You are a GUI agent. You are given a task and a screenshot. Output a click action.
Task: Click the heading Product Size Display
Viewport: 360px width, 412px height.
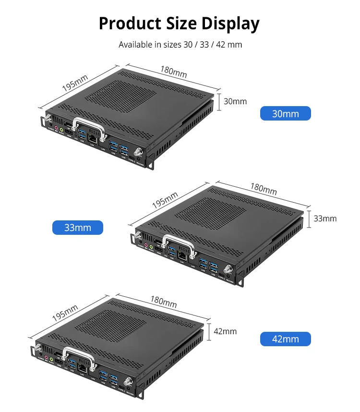[x=179, y=23]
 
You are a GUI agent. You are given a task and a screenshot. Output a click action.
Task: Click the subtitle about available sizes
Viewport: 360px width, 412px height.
[x=180, y=45]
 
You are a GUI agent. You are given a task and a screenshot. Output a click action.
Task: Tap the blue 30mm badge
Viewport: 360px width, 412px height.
[x=285, y=114]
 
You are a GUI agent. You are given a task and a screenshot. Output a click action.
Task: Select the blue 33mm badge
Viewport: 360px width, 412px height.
[x=78, y=228]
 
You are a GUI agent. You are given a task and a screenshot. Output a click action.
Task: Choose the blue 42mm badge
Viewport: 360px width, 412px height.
[x=285, y=339]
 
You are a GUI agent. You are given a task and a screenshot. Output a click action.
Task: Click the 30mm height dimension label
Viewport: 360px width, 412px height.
[x=235, y=101]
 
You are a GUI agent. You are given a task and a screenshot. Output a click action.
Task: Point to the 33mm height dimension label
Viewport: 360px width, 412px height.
[x=325, y=218]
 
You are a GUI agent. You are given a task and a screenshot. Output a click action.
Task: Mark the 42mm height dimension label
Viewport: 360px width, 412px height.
[x=225, y=331]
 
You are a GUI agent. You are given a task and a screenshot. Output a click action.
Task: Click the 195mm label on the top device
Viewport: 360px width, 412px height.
[x=75, y=82]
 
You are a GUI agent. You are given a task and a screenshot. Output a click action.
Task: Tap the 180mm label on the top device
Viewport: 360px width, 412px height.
[x=173, y=72]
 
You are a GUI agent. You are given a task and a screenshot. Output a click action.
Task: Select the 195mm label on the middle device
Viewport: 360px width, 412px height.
[x=165, y=199]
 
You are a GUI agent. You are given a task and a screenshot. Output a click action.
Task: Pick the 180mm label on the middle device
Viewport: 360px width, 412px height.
[x=263, y=189]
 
